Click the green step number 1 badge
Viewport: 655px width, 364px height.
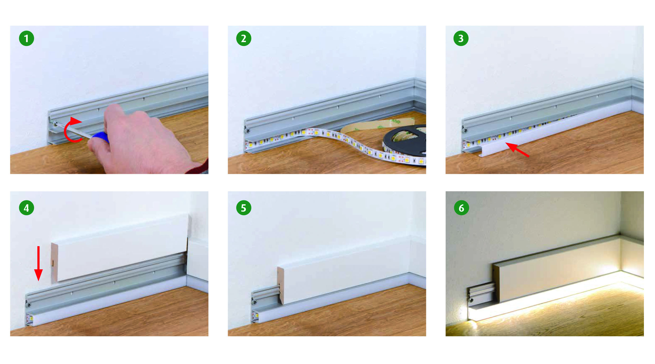click(26, 39)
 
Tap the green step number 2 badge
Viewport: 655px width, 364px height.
click(244, 39)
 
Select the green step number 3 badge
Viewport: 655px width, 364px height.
click(461, 39)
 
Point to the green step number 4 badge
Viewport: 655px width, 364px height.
click(26, 208)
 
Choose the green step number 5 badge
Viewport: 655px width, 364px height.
click(244, 208)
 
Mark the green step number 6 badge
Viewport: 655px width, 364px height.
click(461, 208)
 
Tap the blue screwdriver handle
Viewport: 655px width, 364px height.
click(101, 137)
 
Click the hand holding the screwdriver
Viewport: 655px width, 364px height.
click(143, 140)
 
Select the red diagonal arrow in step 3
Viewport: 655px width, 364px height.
click(517, 150)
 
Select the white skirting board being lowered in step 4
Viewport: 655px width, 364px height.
click(120, 248)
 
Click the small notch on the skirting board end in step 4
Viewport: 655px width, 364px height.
click(53, 263)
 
